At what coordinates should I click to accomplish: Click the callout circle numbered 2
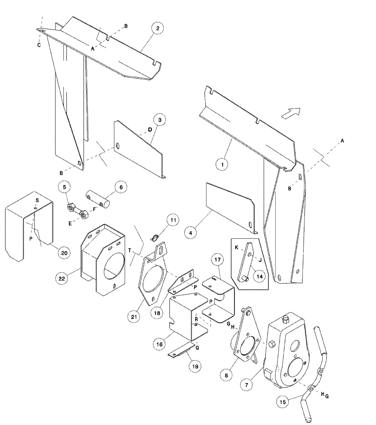coord(157,28)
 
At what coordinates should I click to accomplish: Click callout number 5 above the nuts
coord(65,187)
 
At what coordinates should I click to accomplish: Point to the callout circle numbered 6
coord(120,187)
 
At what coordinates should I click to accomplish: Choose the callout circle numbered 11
coord(172,220)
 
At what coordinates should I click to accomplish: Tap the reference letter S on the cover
coord(37,200)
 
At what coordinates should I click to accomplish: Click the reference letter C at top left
coord(38,45)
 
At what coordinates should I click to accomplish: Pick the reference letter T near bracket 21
coord(130,251)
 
